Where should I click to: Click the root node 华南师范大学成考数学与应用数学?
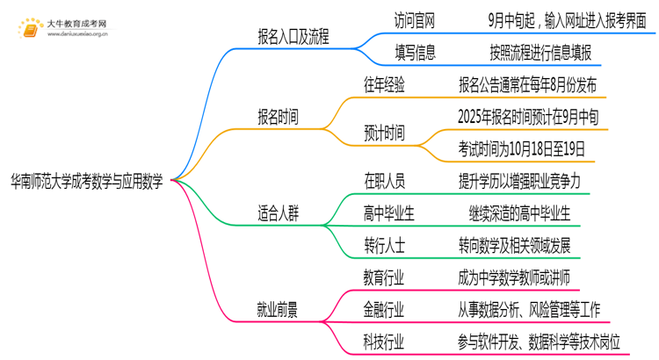click(85, 179)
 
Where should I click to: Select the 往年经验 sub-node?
click(384, 85)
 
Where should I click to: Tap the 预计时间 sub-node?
click(384, 132)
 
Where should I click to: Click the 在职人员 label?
click(384, 180)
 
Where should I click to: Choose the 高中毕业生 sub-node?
click(389, 212)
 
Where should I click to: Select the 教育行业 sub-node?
click(384, 277)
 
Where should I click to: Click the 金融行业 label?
click(384, 309)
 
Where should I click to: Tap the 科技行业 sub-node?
click(384, 342)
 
